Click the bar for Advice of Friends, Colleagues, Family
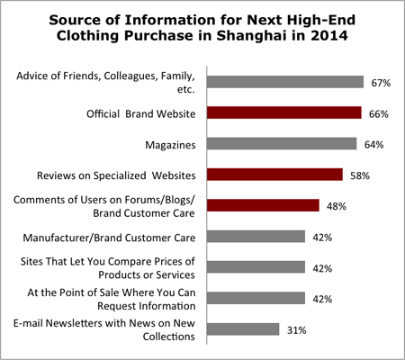click(285, 82)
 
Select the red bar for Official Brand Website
click(284, 112)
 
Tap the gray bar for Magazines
click(282, 143)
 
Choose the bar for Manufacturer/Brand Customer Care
click(256, 237)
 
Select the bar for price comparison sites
click(256, 267)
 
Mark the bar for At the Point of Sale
click(256, 298)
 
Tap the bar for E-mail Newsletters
click(243, 329)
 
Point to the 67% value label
click(380, 82)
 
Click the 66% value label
click(378, 112)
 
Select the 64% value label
click(373, 143)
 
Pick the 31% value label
click(296, 329)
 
